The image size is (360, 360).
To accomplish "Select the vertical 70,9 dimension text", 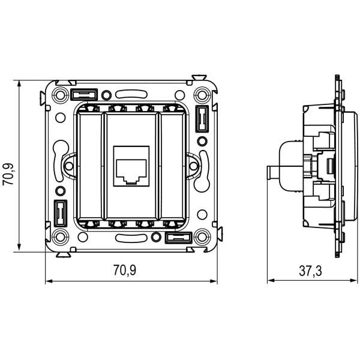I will tap(9, 173).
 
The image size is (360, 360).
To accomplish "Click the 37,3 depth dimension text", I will tap(310, 271).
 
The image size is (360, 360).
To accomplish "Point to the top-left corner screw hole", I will tap(60, 95).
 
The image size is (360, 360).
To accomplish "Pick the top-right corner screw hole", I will tap(202, 95).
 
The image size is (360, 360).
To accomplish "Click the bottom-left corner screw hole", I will tap(60, 236).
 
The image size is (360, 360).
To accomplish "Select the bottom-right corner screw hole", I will tap(202, 236).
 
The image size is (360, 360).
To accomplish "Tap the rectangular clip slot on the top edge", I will tap(83, 94).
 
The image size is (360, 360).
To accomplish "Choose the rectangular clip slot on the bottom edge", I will tap(178, 237).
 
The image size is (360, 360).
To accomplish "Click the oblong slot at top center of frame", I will tap(131, 94).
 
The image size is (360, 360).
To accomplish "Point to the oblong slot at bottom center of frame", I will tap(131, 238).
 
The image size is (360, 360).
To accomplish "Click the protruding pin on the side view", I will tap(272, 173).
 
